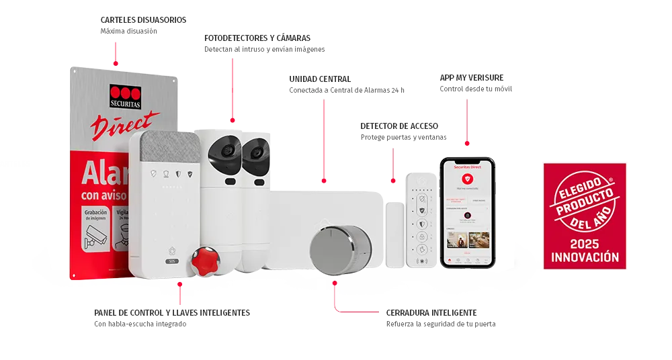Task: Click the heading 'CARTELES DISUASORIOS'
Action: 142,20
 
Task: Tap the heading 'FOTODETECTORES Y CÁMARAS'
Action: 257,38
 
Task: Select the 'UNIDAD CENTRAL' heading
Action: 318,79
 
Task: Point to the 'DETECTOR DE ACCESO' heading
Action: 400,126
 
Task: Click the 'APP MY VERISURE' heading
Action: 472,77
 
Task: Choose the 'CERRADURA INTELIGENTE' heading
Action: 432,312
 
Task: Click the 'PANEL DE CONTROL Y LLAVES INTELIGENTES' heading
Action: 171,312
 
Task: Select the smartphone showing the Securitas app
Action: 468,212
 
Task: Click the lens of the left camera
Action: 225,152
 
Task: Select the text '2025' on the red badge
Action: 585,242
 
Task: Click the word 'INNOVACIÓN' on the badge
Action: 585,257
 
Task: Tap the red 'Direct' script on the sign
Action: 126,126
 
